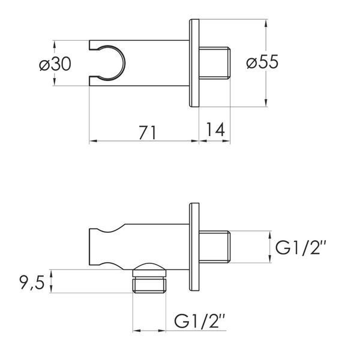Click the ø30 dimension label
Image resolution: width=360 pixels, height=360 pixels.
[55, 64]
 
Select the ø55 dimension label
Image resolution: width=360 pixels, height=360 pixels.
[262, 62]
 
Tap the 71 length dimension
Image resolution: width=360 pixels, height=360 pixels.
[148, 133]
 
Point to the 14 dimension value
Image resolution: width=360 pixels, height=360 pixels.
[215, 129]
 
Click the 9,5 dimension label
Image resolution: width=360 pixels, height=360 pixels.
[32, 283]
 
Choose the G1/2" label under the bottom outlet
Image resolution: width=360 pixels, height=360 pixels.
[199, 321]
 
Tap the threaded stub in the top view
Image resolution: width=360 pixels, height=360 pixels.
[214, 63]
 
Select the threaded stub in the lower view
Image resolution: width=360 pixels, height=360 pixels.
[214, 247]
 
